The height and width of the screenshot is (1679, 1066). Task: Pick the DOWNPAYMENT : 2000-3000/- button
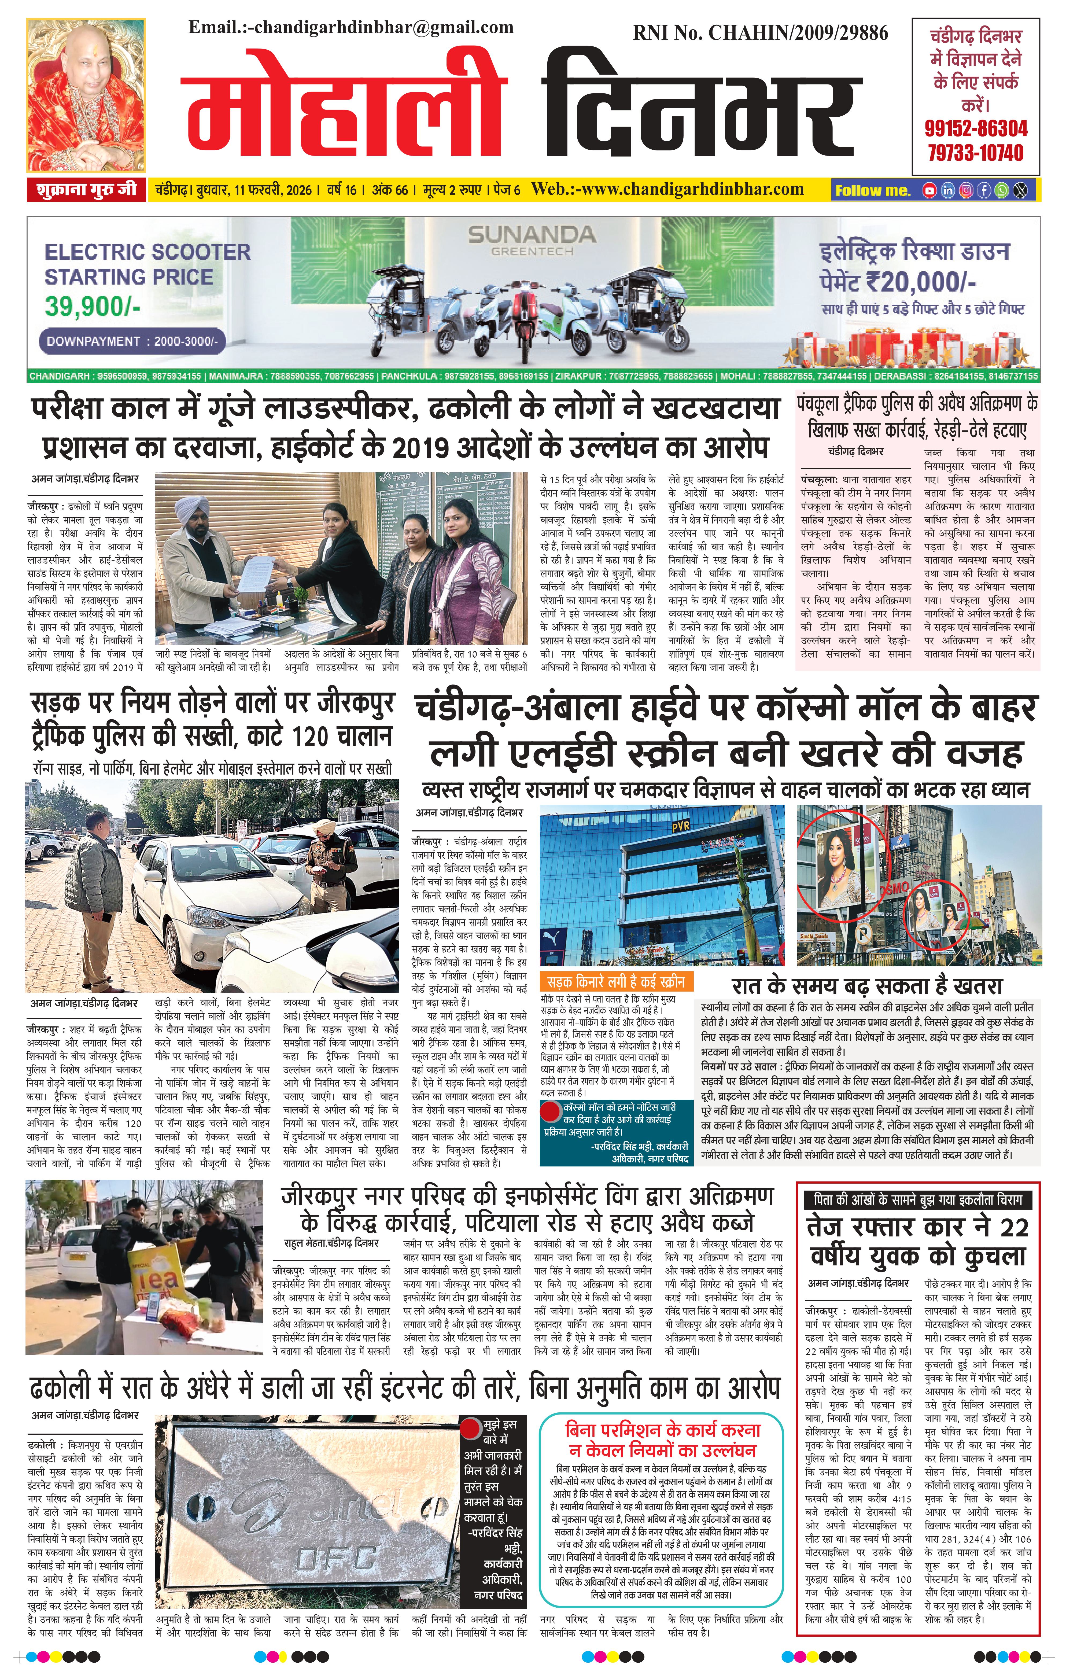[132, 342]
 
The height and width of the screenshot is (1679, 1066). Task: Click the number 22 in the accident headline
[1013, 1227]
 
